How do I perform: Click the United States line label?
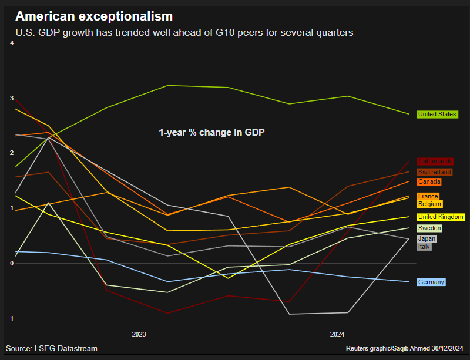[x=437, y=115]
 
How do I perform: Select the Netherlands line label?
[x=435, y=162]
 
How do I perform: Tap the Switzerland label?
[x=435, y=172]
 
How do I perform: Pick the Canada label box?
[x=429, y=182]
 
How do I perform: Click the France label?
[x=428, y=196]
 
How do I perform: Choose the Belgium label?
[x=429, y=204]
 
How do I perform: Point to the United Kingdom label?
[x=441, y=217]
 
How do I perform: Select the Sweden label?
[x=429, y=228]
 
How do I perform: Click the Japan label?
[x=427, y=239]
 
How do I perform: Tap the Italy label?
[x=424, y=247]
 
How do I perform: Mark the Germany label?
[x=431, y=282]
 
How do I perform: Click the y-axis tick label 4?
[x=12, y=43]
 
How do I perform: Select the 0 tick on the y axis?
[x=12, y=264]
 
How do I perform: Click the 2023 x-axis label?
[x=139, y=334]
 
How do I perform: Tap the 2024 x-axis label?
[x=337, y=334]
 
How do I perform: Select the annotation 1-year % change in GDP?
[x=211, y=133]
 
